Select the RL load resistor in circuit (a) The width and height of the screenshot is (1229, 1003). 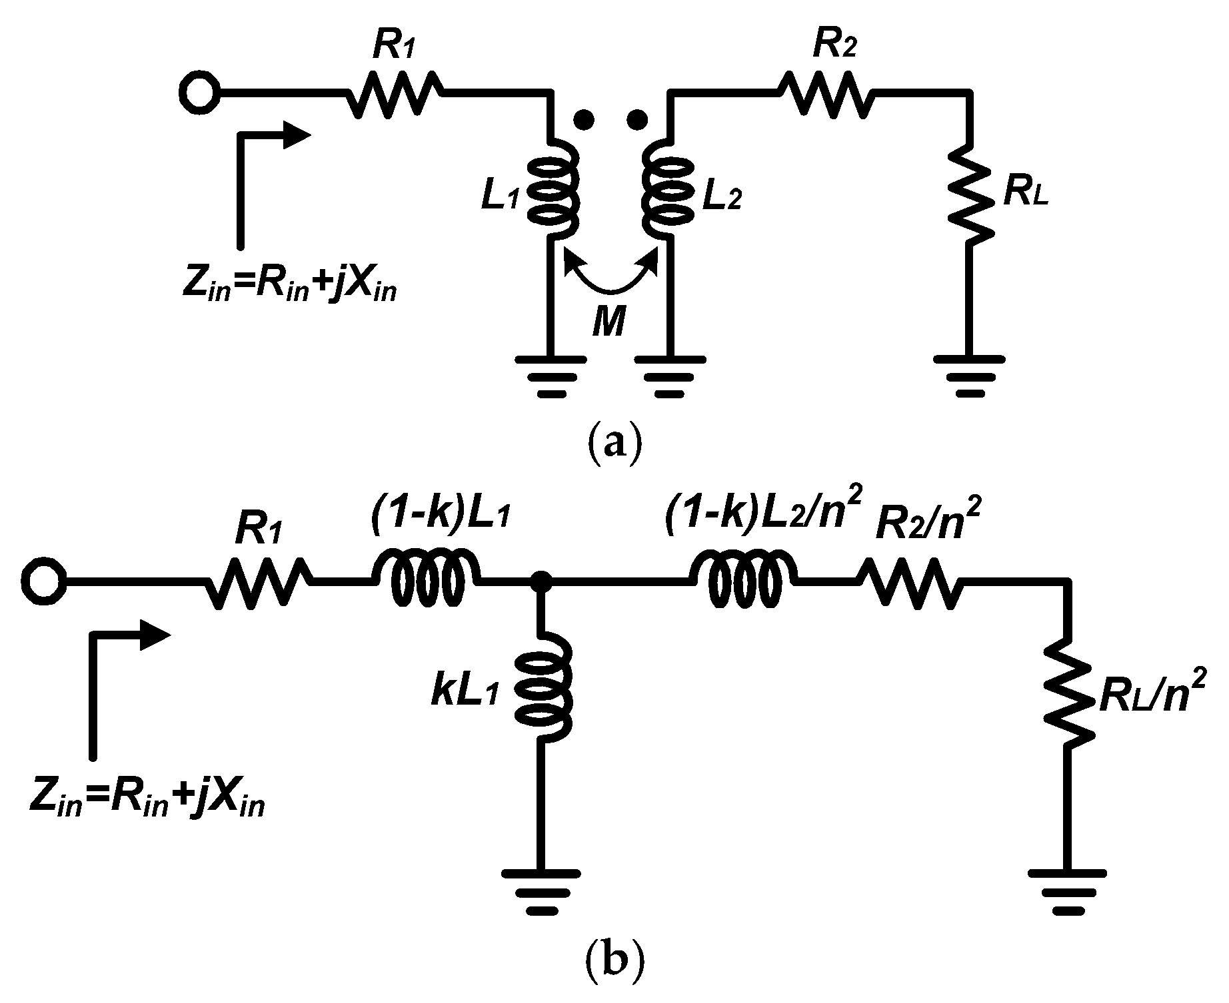[971, 194]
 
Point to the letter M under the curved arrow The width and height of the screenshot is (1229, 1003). [609, 324]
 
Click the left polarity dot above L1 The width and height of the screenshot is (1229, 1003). [584, 119]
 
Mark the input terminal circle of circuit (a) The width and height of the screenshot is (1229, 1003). [200, 94]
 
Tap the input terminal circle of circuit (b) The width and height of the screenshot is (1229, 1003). [43, 582]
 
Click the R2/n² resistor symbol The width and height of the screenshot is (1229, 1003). [911, 582]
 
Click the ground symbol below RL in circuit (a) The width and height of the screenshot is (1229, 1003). [969, 376]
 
